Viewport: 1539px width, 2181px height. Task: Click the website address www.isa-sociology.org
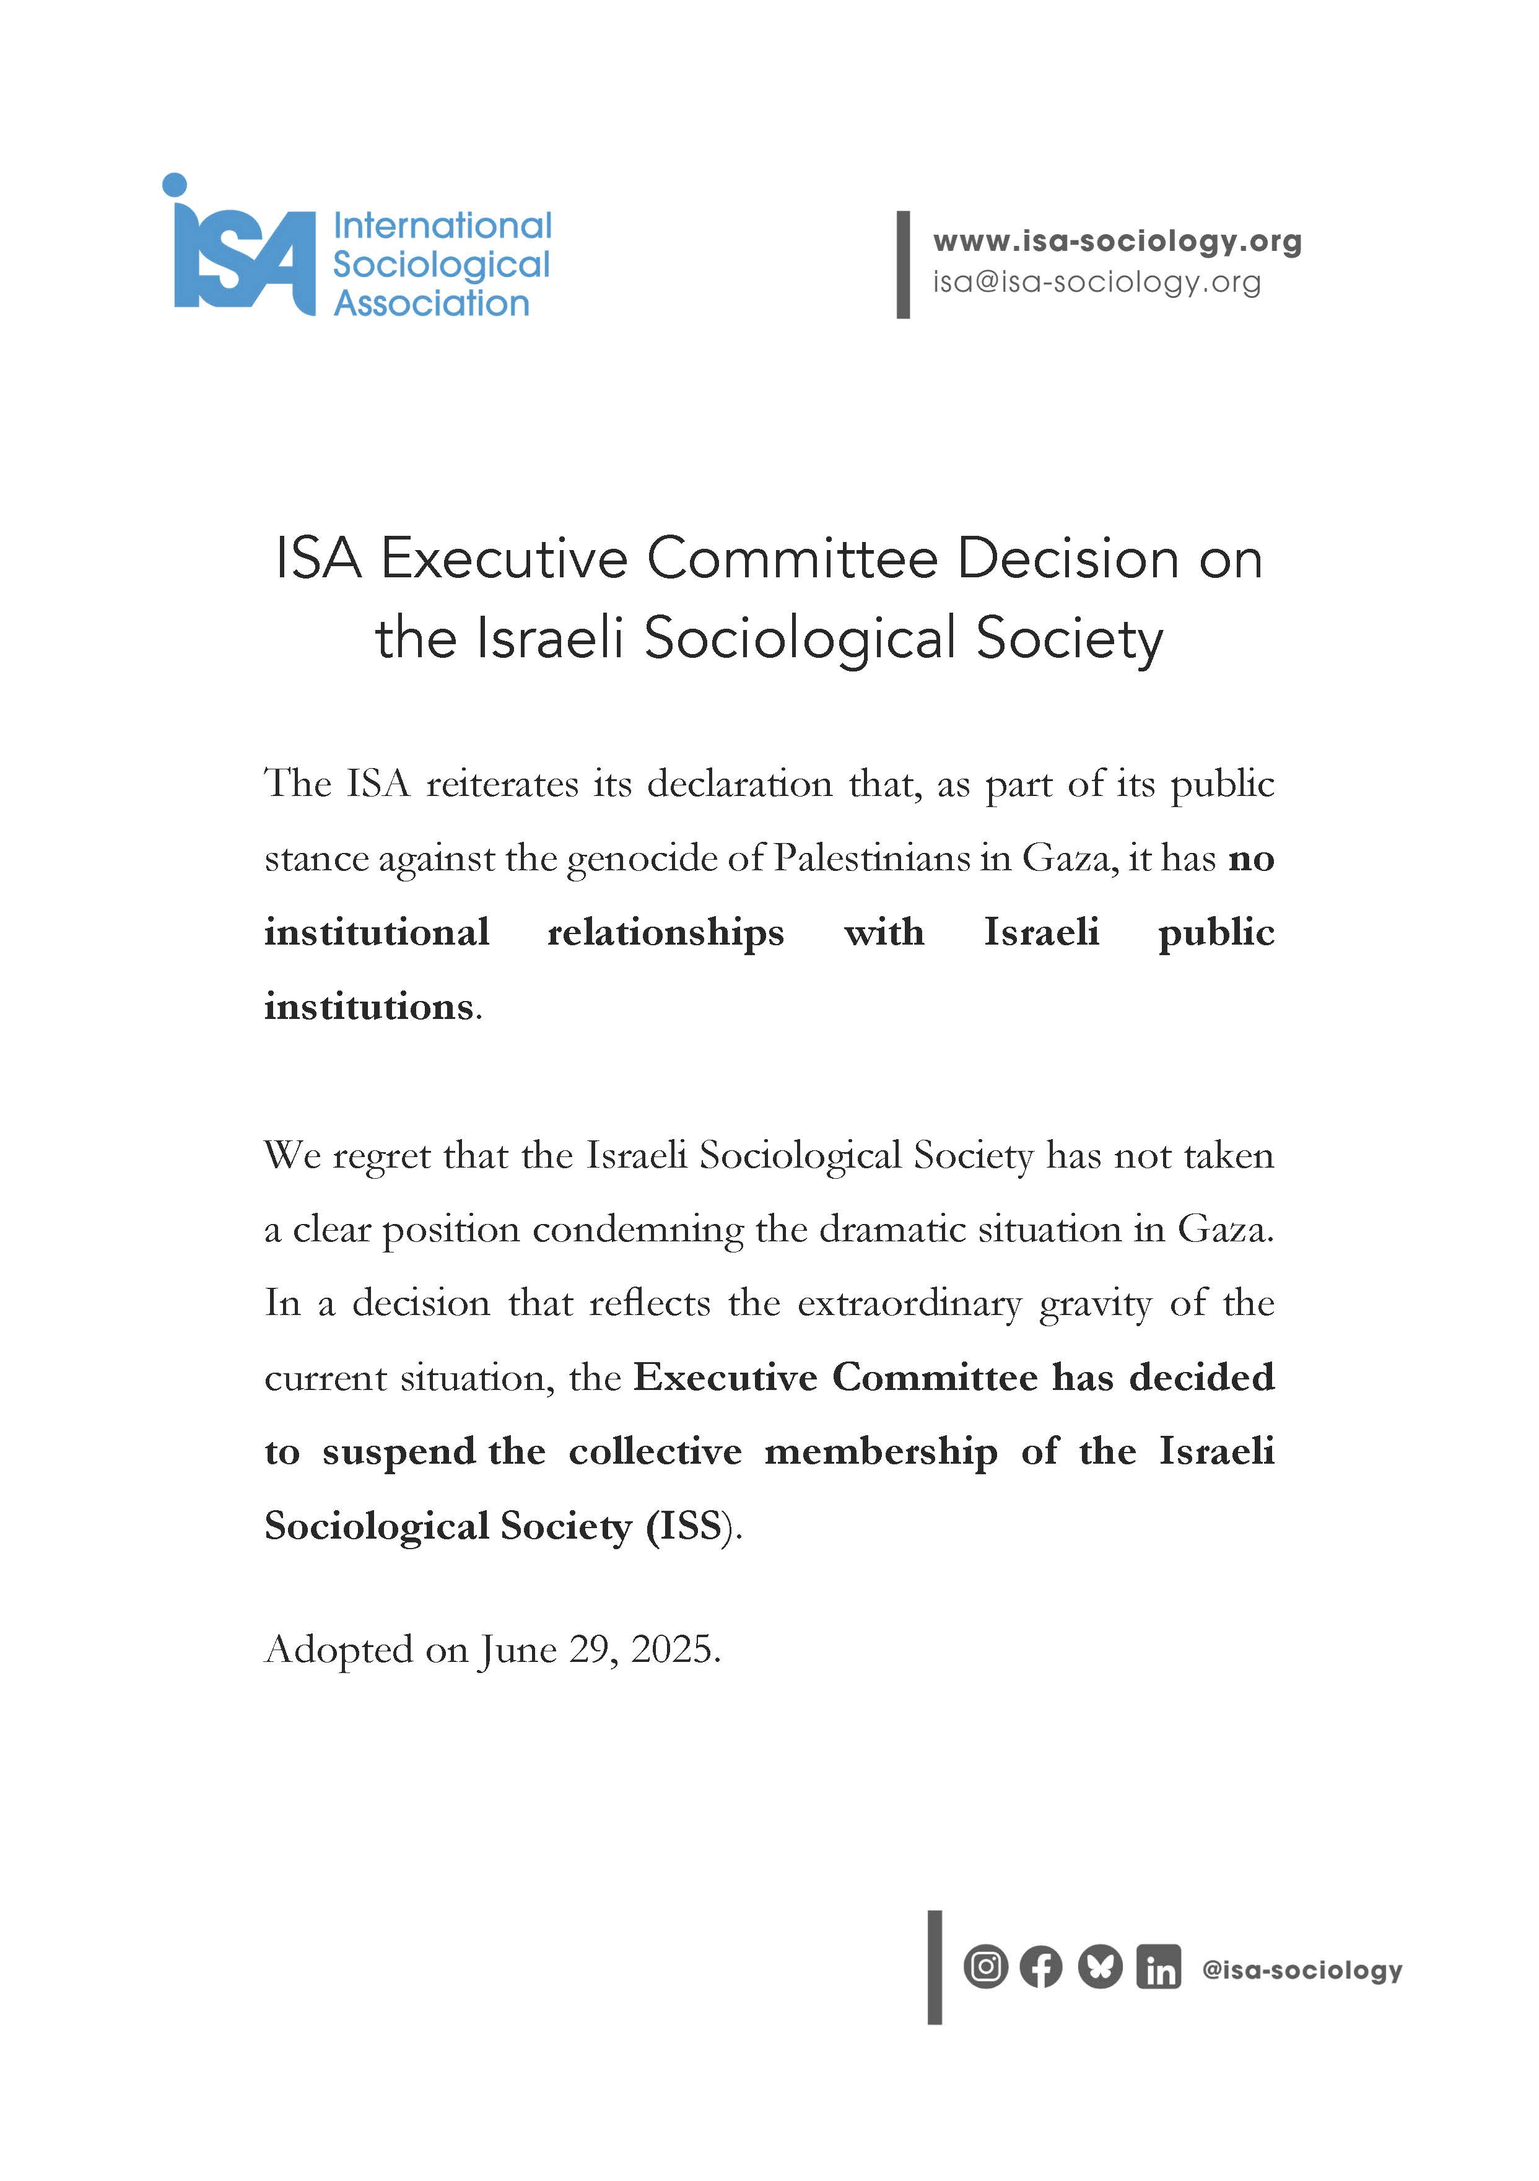[1116, 242]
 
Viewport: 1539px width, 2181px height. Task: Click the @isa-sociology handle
[1302, 1969]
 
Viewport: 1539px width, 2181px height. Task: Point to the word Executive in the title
[504, 559]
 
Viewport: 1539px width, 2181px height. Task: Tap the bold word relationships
[665, 933]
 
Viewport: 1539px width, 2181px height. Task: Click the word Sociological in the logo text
[441, 265]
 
